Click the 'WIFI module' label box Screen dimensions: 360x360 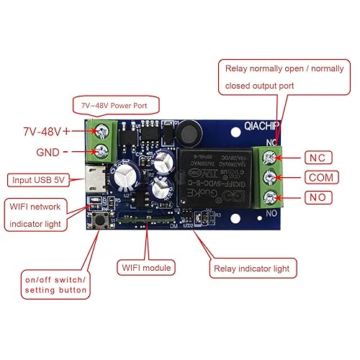145,268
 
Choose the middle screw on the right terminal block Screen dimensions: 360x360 271,177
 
